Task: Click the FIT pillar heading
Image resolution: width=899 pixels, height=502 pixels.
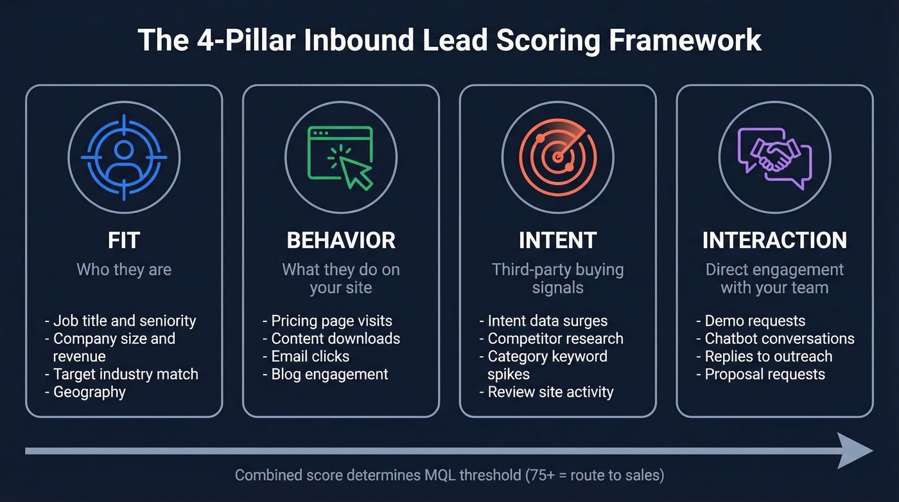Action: coord(124,240)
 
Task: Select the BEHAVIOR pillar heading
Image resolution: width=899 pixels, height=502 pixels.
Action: coord(341,240)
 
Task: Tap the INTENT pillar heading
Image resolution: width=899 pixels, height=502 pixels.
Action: coord(557,240)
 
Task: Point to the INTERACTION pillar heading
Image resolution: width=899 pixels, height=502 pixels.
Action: coord(774,240)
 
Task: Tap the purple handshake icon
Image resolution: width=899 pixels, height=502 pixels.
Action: coord(774,157)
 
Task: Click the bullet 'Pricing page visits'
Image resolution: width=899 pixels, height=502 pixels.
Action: coord(331,321)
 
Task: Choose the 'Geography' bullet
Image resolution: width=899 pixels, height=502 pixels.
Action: coord(89,392)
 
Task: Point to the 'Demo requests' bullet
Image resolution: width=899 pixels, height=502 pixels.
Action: coord(755,321)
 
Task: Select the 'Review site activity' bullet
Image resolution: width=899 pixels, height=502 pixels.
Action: coord(550,392)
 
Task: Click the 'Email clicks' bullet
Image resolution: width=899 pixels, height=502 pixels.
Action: coord(310,356)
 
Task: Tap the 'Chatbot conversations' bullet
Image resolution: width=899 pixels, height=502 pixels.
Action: coord(780,339)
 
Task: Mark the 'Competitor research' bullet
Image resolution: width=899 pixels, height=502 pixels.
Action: coord(555,339)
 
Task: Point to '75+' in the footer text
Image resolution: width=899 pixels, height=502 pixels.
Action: coord(542,476)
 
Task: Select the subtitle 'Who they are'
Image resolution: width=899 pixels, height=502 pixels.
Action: coord(124,269)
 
